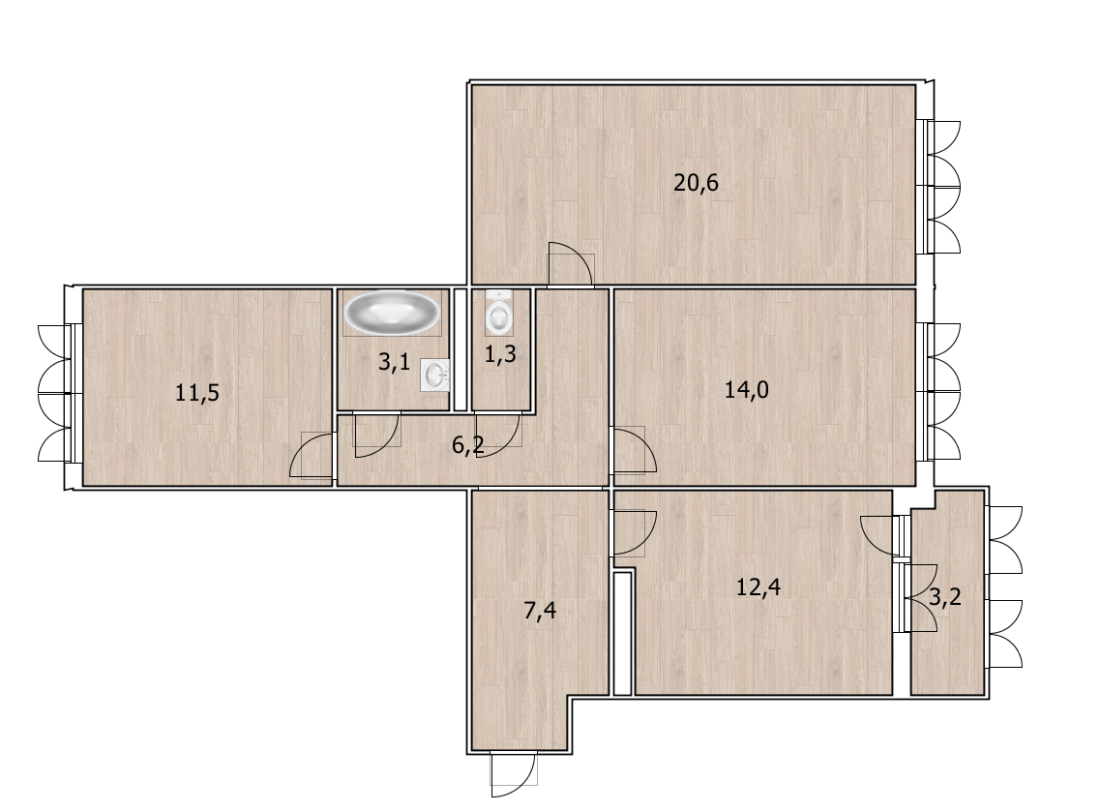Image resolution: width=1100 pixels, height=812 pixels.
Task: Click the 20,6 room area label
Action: [696, 183]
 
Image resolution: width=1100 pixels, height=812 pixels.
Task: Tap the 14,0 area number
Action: [747, 389]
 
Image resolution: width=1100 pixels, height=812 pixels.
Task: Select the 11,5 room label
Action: [197, 392]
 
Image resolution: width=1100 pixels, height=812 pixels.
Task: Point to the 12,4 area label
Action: [758, 586]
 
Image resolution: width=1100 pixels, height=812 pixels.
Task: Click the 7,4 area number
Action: [540, 611]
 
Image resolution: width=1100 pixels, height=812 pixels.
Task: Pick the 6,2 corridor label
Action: [468, 444]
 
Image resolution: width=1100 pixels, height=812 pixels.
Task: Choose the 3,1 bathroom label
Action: [395, 362]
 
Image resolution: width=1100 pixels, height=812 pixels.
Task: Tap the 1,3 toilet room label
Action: [501, 354]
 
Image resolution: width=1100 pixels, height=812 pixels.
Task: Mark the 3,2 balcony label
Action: [945, 597]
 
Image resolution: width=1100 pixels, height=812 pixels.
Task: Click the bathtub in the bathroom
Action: [391, 313]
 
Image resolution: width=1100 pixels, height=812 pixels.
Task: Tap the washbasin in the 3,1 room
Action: [435, 376]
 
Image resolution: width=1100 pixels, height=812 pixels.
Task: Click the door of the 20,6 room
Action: [571, 264]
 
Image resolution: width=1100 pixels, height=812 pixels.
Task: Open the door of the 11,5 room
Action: [311, 456]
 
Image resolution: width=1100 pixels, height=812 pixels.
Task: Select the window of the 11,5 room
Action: [56, 393]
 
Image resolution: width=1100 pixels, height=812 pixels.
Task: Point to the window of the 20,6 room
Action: [941, 188]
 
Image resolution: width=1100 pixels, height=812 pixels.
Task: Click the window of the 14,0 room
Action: [941, 392]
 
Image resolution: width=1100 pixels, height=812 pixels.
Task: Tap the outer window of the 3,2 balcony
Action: [1004, 586]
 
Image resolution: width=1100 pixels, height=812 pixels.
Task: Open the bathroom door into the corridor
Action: [376, 436]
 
